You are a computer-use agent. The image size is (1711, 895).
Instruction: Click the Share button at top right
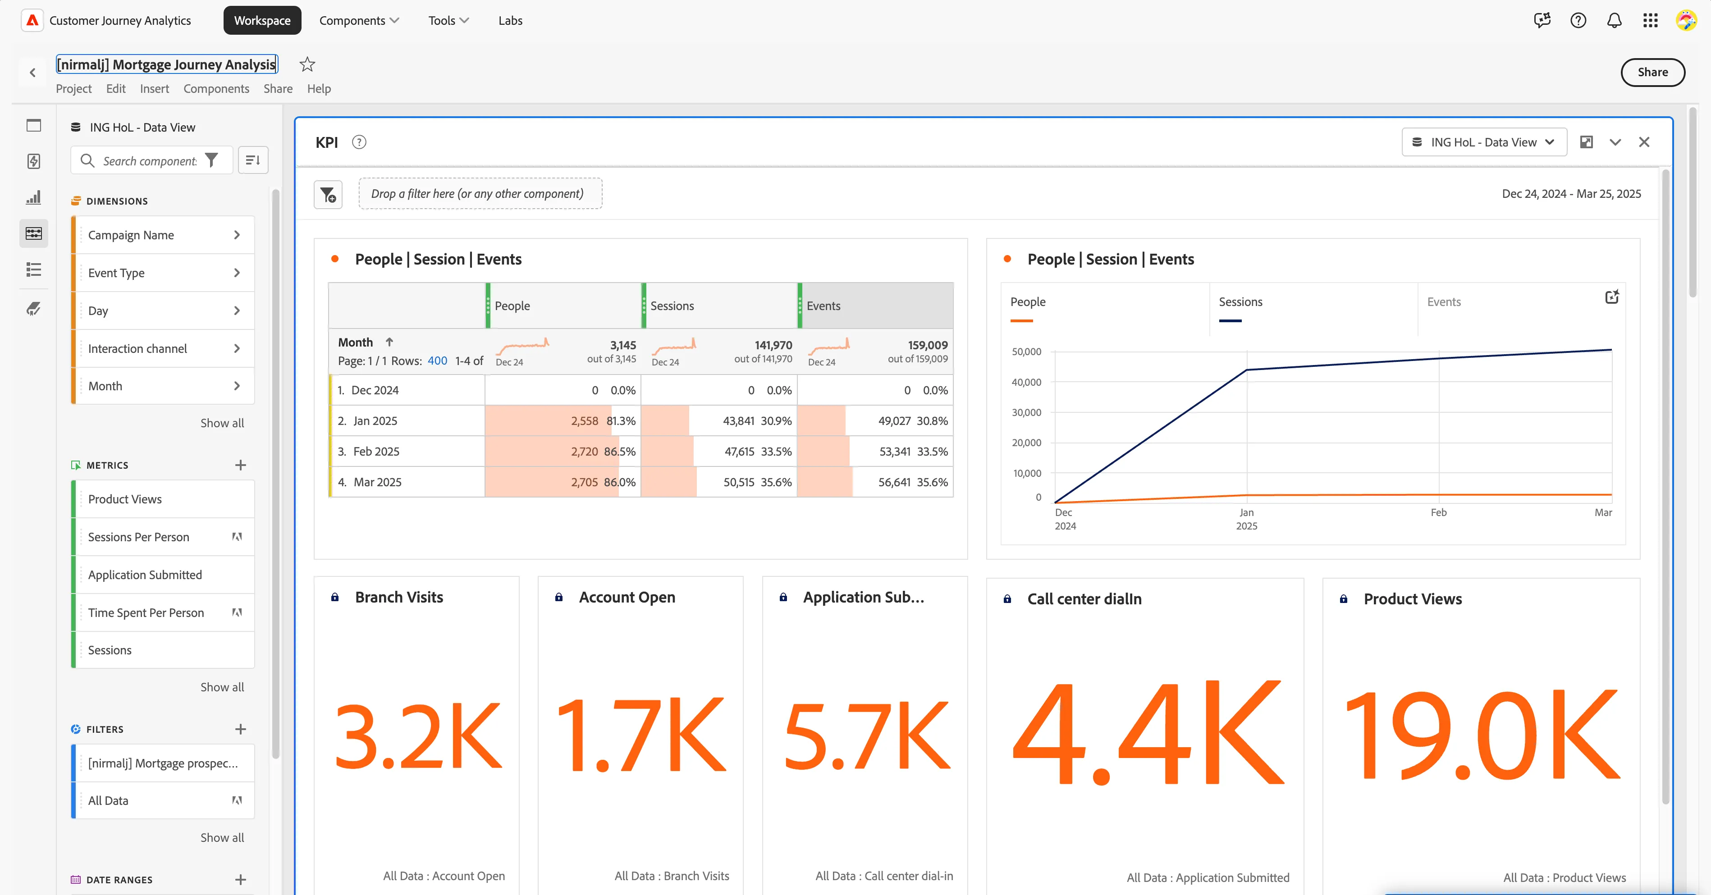point(1652,73)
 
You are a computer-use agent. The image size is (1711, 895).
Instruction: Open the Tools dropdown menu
point(448,21)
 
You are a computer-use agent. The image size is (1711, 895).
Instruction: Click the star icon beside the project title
point(307,64)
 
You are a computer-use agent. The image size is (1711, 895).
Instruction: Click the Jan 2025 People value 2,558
point(585,421)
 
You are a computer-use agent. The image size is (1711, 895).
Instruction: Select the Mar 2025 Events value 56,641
point(894,482)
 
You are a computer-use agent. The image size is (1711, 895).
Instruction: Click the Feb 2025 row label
point(376,452)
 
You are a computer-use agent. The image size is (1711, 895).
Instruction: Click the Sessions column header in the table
point(672,306)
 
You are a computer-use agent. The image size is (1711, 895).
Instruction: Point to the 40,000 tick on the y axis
point(1026,383)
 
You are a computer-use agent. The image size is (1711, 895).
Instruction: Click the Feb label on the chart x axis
point(1439,512)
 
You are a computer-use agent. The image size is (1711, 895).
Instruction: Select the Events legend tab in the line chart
point(1444,302)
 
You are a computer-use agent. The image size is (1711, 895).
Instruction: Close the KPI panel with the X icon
point(1644,142)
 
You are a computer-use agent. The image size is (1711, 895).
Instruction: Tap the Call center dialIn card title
point(1084,599)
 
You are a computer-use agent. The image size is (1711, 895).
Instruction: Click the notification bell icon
point(1614,21)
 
